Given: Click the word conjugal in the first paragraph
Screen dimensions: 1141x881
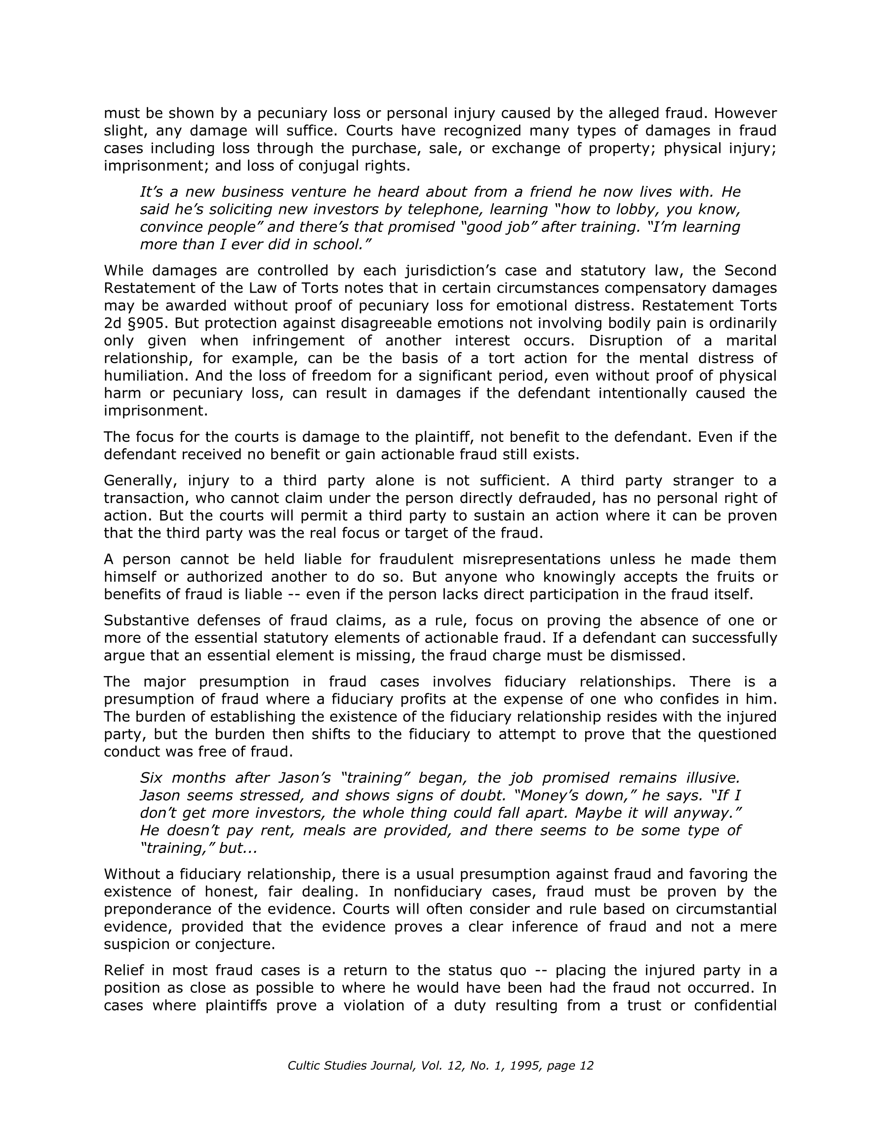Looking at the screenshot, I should (x=329, y=166).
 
